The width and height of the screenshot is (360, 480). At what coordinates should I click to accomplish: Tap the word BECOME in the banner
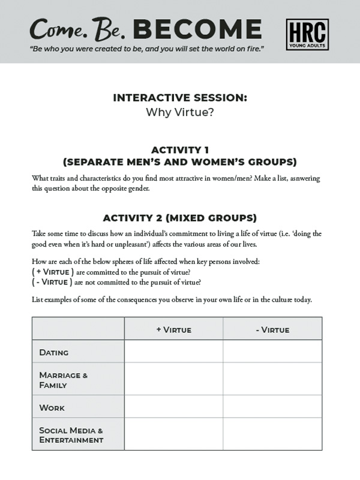point(197,29)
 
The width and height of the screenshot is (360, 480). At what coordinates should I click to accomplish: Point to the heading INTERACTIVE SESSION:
point(180,98)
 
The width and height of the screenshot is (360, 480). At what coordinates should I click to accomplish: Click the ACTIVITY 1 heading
point(180,149)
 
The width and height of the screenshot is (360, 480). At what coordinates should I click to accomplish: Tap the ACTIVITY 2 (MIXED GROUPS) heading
point(180,217)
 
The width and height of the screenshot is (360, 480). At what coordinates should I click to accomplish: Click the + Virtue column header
point(173,329)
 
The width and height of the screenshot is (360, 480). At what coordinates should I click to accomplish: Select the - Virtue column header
point(272,329)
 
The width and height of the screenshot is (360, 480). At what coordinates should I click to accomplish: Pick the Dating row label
point(54,352)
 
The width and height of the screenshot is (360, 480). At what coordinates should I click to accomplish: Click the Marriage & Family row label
point(64,380)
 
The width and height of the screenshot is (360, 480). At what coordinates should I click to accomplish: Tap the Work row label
point(52,407)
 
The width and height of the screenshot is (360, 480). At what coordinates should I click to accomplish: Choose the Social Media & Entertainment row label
point(71,435)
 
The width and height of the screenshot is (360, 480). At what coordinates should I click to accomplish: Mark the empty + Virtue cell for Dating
point(173,352)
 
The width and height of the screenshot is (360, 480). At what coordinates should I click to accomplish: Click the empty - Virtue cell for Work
point(272,407)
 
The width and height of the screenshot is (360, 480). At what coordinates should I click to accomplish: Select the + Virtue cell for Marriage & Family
point(173,379)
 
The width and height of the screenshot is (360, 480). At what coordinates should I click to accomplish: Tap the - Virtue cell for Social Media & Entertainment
point(272,434)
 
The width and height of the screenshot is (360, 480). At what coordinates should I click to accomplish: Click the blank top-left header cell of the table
point(78,329)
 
